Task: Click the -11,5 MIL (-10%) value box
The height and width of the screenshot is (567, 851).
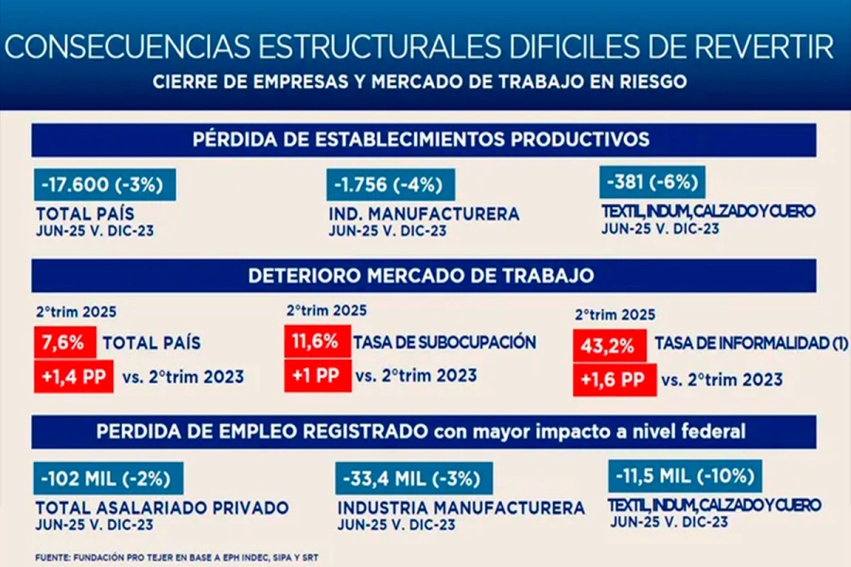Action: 685,475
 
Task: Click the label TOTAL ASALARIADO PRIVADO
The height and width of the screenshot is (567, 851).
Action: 162,507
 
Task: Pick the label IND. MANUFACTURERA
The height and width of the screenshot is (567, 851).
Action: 424,215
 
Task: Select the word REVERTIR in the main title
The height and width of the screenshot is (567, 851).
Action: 750,45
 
